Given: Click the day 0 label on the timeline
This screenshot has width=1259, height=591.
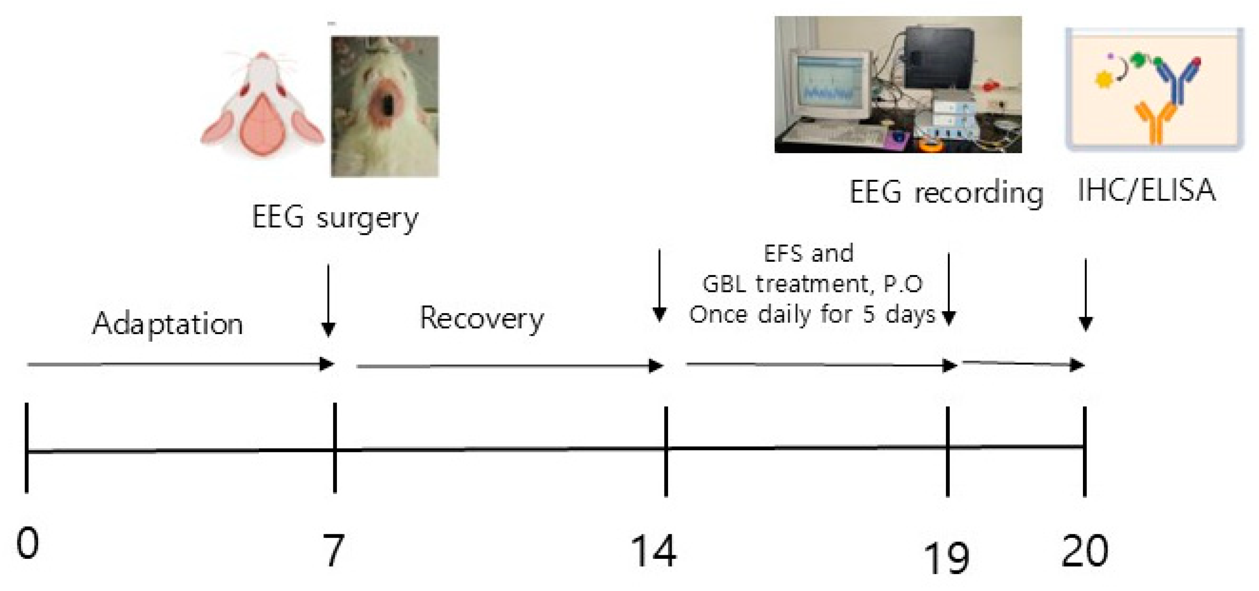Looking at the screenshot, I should (x=27, y=544).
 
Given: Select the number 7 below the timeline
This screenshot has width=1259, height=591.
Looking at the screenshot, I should (x=334, y=550).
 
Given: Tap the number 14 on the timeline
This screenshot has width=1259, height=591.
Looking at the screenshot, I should (x=654, y=550).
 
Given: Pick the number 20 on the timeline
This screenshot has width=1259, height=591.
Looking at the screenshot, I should (x=1085, y=550).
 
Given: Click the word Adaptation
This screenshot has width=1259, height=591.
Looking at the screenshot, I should (x=168, y=324).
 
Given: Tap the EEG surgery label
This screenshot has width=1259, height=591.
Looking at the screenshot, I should (x=335, y=218).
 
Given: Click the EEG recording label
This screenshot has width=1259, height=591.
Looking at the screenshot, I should (x=946, y=193).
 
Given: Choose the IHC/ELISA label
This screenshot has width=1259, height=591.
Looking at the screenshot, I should (x=1146, y=190).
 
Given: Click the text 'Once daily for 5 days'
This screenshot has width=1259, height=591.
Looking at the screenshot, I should (x=812, y=314).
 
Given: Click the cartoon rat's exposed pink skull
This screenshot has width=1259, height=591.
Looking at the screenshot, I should (x=264, y=124).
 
